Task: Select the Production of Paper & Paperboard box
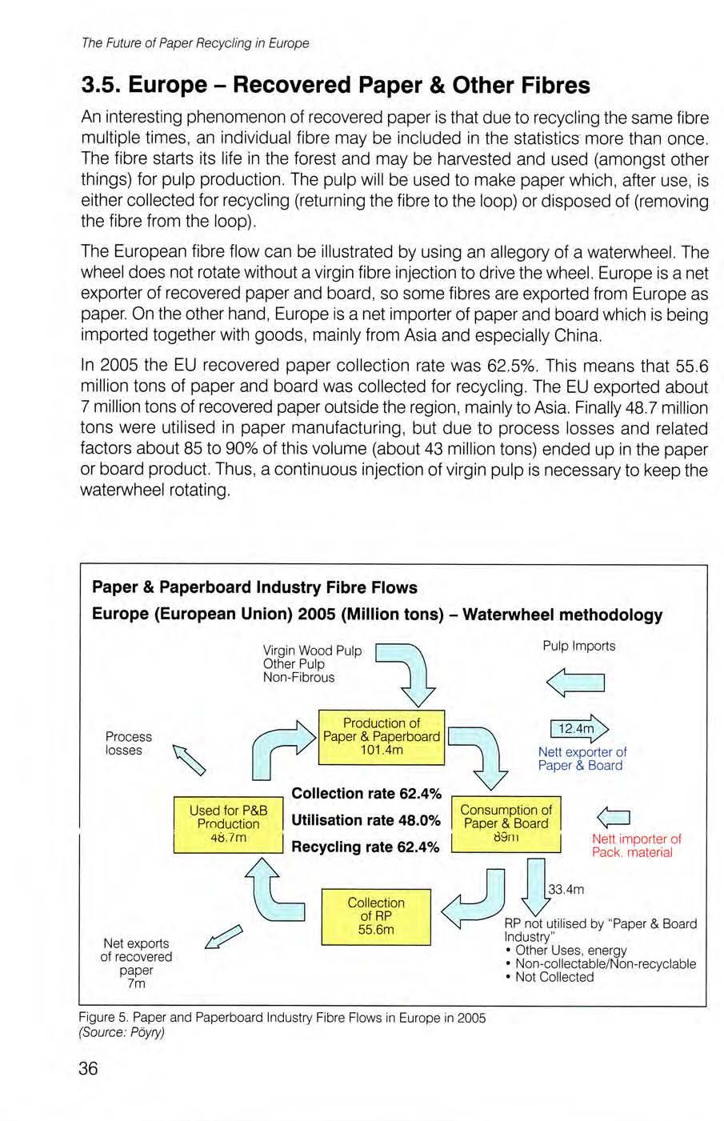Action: click(381, 736)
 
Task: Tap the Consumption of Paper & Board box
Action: click(506, 823)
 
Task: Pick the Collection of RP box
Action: click(376, 916)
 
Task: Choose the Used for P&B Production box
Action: click(228, 823)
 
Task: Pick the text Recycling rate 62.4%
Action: click(365, 847)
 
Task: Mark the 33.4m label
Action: click(566, 889)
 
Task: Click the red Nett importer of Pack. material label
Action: click(636, 846)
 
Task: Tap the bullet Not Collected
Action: click(554, 977)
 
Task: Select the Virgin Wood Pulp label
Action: click(312, 651)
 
